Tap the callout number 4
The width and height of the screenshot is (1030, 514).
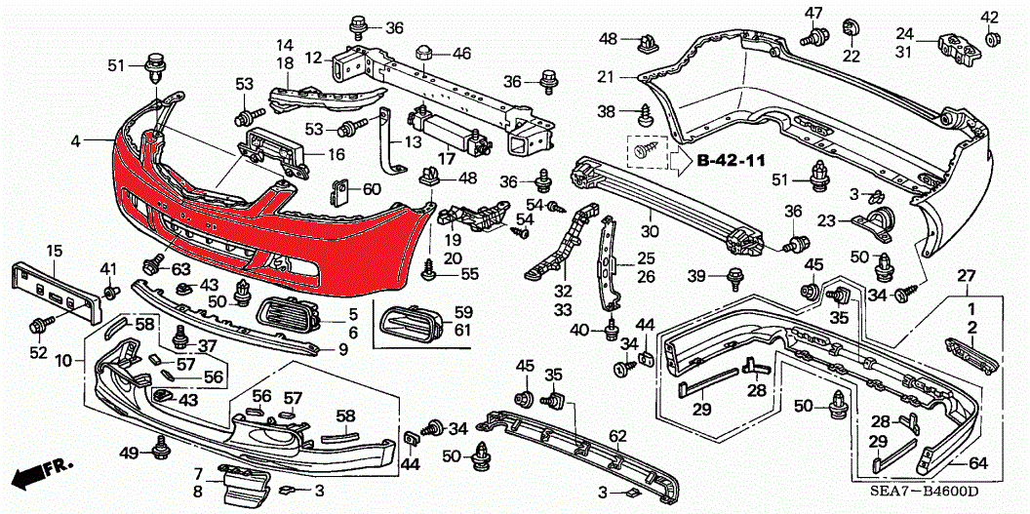tap(76, 142)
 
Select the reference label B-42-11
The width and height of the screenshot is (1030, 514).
tap(731, 160)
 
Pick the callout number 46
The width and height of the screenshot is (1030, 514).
tap(461, 53)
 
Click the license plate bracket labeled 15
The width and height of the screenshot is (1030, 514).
tap(58, 291)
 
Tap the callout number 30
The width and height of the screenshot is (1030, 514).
tap(650, 232)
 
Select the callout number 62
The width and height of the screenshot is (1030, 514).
tap(616, 435)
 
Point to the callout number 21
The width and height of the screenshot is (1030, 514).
tap(606, 77)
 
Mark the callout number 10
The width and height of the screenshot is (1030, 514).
tap(64, 361)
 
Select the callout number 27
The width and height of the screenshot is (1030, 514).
tap(966, 276)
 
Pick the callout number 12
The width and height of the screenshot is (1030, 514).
tap(312, 59)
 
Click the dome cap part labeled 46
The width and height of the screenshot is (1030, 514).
tap(424, 51)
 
